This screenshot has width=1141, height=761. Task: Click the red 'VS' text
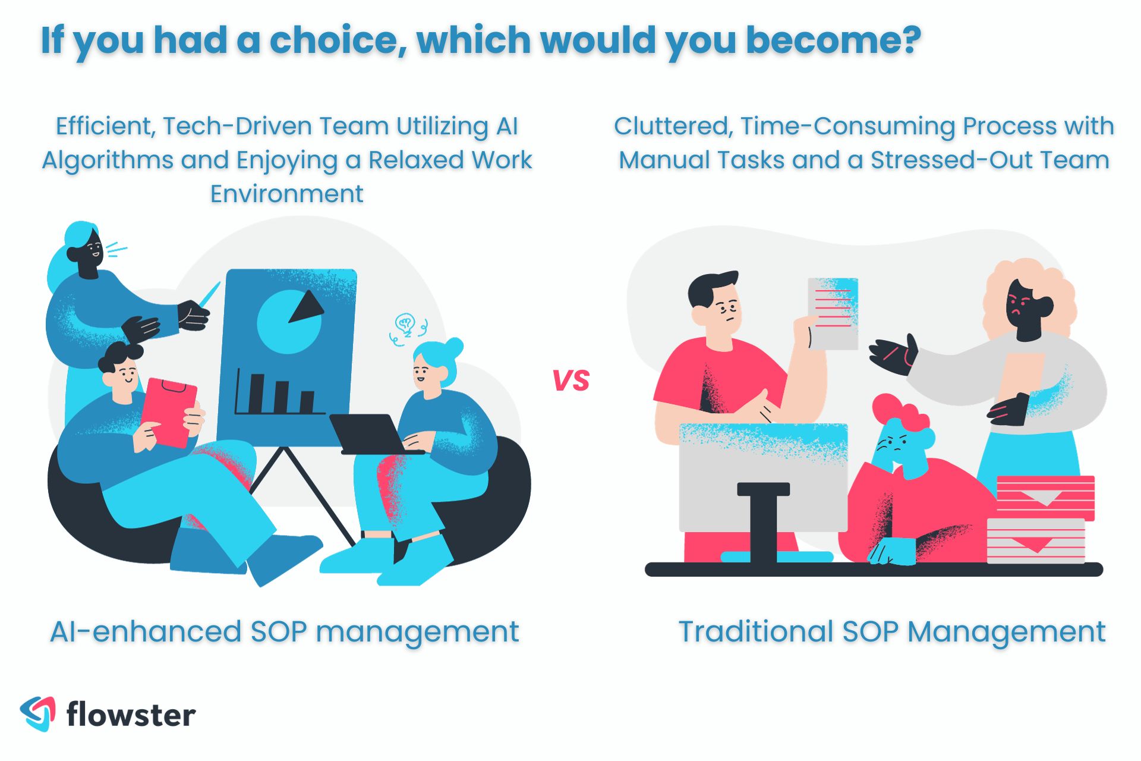coord(570,380)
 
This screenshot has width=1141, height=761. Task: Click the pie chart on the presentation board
coord(289,322)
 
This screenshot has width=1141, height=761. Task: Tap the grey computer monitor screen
coord(763,476)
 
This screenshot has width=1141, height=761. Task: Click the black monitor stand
coord(763,523)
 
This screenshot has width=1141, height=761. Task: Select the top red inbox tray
coord(1045,497)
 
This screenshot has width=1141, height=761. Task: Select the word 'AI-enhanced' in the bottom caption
coord(145,631)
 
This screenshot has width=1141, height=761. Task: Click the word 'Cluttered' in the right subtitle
coord(672,126)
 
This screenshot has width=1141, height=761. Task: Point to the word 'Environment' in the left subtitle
coord(286,194)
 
